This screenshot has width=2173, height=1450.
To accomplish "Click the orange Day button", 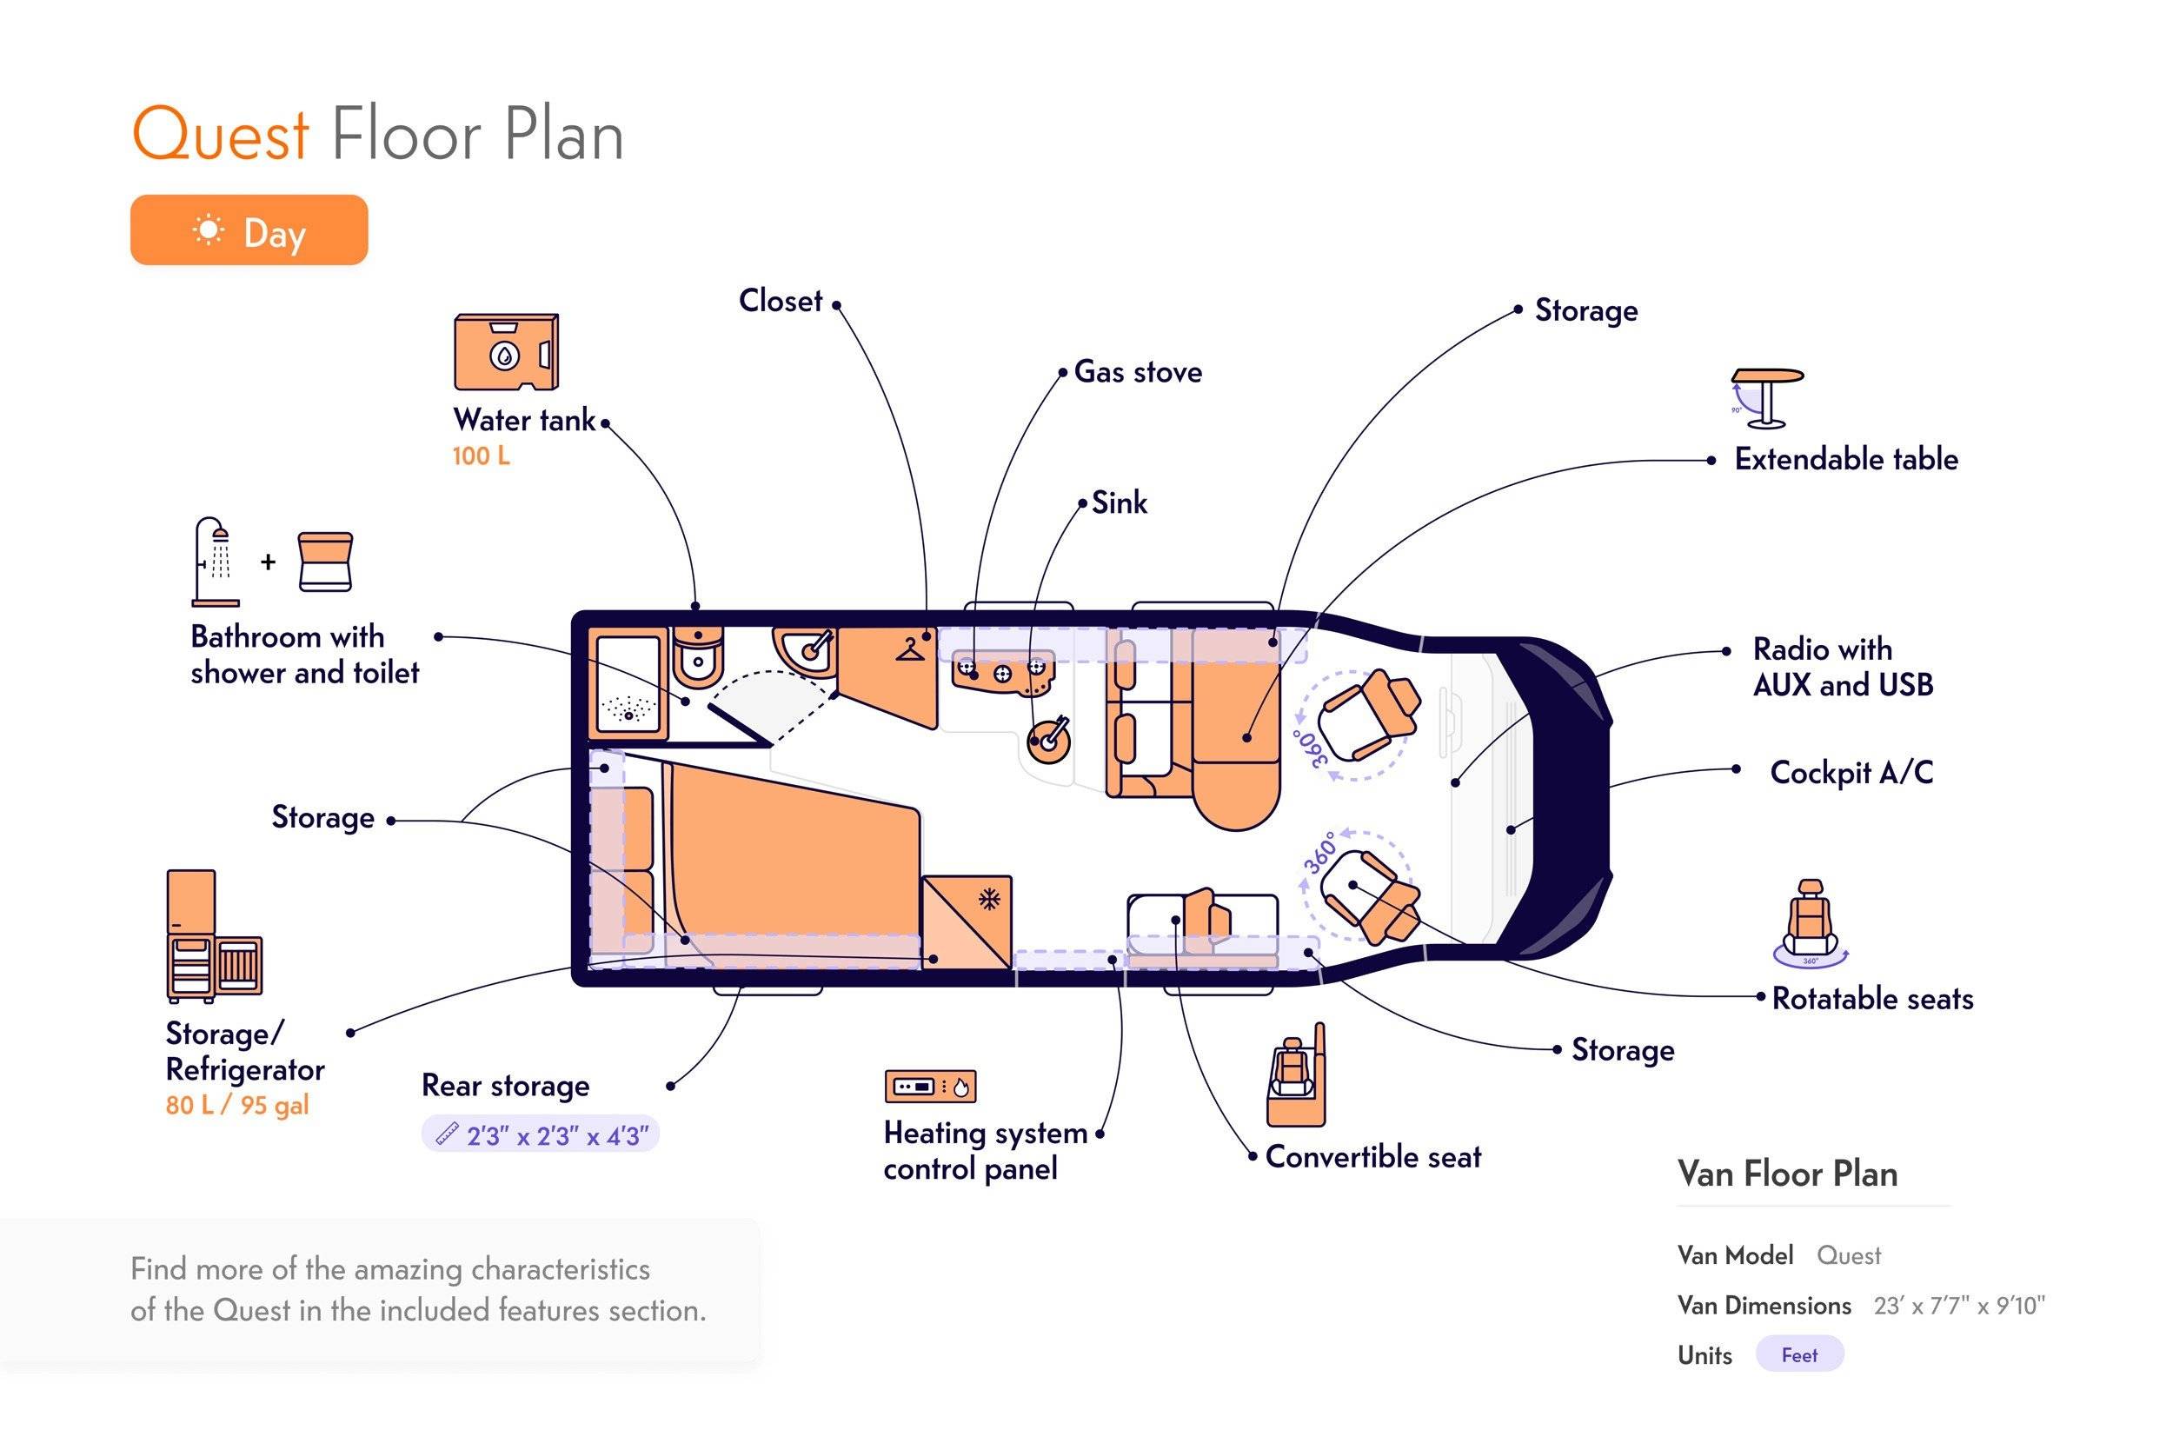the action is [249, 230].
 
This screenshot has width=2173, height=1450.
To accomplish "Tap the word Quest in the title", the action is [220, 135].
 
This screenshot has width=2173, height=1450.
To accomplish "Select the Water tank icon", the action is [506, 352].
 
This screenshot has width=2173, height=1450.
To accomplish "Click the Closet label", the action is [781, 301].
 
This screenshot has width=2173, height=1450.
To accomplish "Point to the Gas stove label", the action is [1139, 372].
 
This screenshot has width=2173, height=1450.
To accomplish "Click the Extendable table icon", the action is [1767, 397].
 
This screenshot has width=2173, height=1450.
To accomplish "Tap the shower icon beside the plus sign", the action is [216, 562].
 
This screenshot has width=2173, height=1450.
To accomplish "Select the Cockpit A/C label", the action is [1851, 772].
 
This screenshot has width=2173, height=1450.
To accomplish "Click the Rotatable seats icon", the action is [1810, 922].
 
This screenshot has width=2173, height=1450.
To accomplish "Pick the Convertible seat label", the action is [1373, 1157].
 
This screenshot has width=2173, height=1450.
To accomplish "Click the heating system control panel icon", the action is [930, 1087].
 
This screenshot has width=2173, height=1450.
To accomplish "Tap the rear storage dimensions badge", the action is [541, 1134].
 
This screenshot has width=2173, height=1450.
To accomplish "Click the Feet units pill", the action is [1799, 1354].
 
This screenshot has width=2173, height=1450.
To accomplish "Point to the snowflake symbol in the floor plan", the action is [989, 899].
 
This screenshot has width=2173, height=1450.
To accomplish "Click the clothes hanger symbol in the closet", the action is [910, 649].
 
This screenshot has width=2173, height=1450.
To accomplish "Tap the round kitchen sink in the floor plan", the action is [1048, 739].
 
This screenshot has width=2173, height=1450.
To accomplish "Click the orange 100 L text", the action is [481, 456].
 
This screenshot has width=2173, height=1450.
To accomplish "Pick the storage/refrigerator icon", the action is [215, 936].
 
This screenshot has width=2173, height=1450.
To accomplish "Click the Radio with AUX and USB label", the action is [1843, 667].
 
